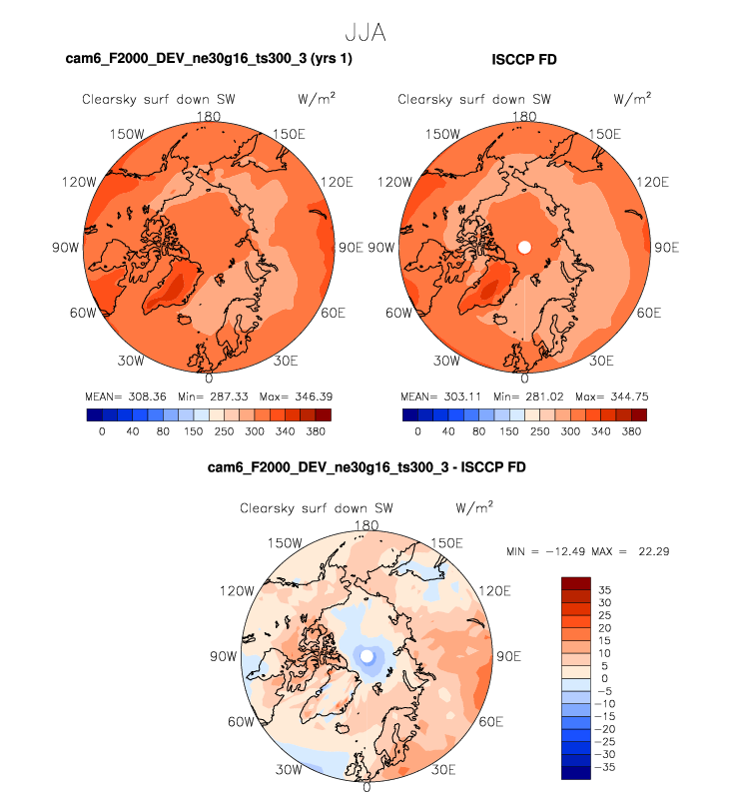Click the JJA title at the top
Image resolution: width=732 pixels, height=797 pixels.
[x=365, y=32]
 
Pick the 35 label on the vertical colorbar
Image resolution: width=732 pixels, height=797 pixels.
[x=605, y=590]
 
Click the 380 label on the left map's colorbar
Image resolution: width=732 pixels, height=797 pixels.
[x=315, y=432]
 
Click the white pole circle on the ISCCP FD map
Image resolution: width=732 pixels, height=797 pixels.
[x=525, y=247]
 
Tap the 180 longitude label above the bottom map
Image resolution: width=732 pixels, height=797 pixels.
[x=366, y=525]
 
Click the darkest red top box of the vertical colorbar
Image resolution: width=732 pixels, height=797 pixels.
[x=578, y=583]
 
